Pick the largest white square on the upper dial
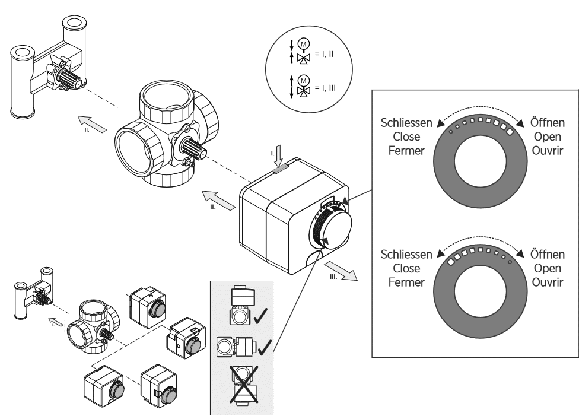[509, 127]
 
